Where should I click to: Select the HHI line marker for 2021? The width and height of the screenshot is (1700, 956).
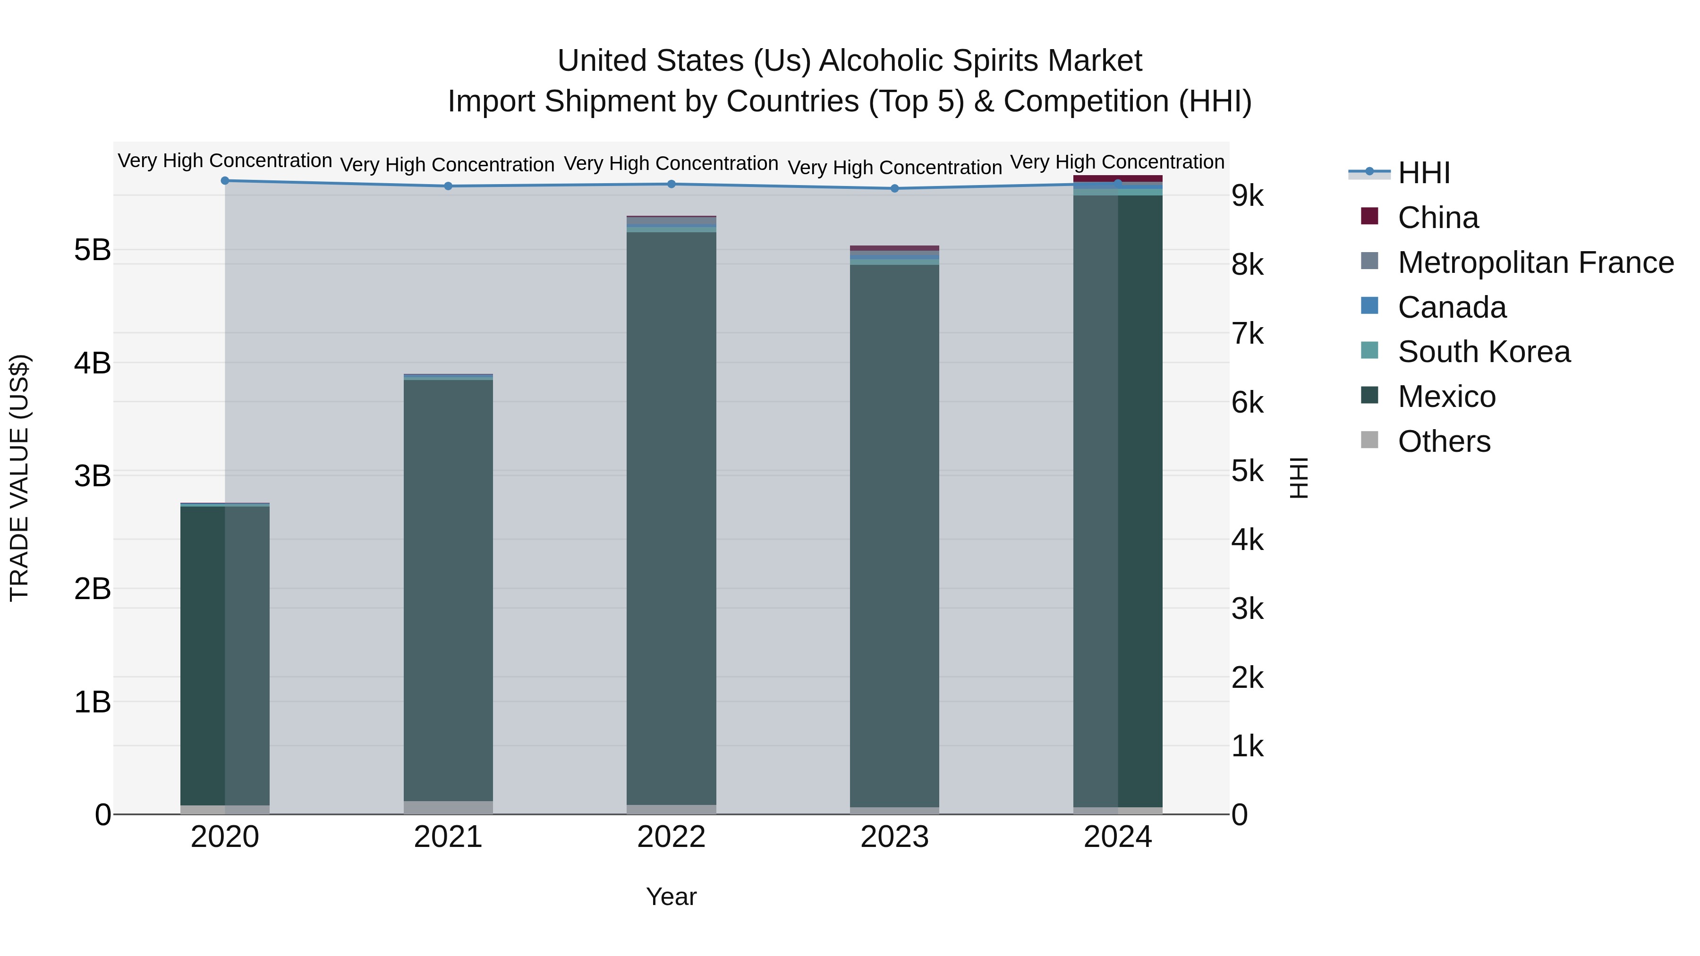click(448, 186)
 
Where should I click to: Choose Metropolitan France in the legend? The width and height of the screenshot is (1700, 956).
click(1535, 262)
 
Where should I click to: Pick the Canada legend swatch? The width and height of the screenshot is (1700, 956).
click(1369, 306)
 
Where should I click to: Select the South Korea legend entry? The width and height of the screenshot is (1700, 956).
click(1484, 352)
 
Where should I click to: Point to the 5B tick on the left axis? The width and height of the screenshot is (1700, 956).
click(93, 250)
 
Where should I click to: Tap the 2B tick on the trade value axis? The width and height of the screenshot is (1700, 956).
click(93, 589)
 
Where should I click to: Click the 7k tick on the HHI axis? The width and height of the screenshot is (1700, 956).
click(1247, 334)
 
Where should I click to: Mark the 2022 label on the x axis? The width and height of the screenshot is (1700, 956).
click(671, 837)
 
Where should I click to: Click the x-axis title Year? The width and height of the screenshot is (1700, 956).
click(671, 897)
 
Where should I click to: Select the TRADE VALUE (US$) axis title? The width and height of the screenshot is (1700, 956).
click(19, 478)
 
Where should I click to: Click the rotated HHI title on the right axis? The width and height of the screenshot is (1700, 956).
click(1298, 478)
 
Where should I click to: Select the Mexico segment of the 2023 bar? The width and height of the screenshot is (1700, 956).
click(895, 534)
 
